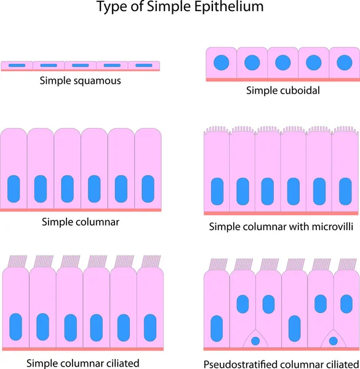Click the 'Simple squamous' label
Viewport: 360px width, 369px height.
click(x=80, y=81)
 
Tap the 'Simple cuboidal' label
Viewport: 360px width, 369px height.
click(x=282, y=90)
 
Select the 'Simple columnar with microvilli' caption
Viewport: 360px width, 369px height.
click(x=281, y=226)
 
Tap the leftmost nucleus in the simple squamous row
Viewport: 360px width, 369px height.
click(x=17, y=65)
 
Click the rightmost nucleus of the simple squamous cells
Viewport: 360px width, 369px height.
click(x=144, y=65)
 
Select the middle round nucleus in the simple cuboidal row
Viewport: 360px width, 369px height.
click(x=282, y=63)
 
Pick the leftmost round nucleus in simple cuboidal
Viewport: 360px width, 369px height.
click(x=221, y=63)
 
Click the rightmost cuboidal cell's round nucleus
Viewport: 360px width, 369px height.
click(x=344, y=63)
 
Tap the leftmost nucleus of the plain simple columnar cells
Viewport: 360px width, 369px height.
click(x=14, y=189)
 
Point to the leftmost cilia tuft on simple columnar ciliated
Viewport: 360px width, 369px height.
click(x=16, y=261)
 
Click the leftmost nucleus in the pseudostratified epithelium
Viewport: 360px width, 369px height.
click(x=217, y=327)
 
